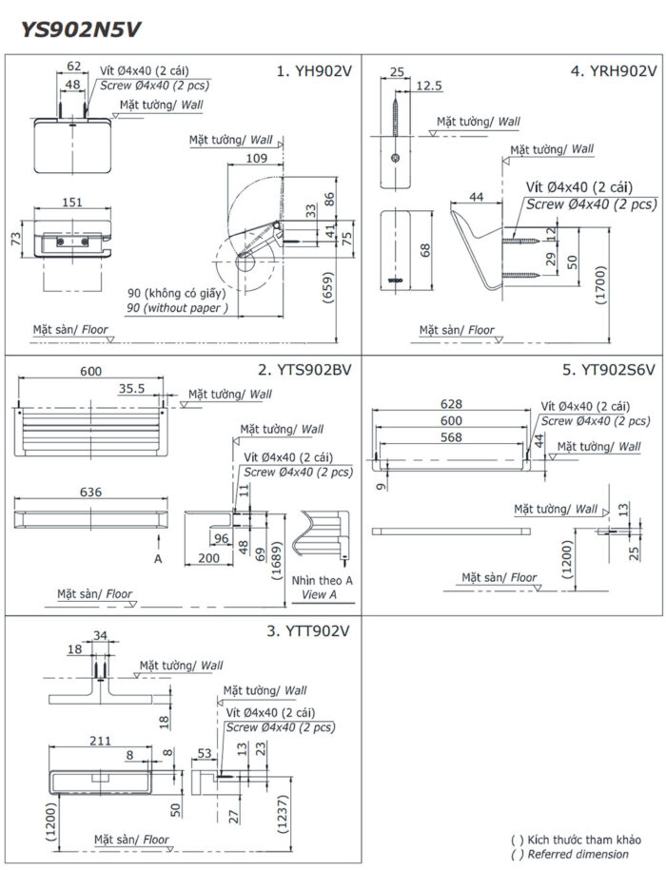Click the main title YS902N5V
coord(81,29)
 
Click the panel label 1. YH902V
coord(314,71)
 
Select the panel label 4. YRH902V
coord(613,71)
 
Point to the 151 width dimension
coord(72,203)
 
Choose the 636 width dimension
coord(91,493)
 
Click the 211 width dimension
coord(101,741)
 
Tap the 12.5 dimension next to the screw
coord(430,87)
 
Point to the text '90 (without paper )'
coord(176,308)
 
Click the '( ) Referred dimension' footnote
coord(576,854)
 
